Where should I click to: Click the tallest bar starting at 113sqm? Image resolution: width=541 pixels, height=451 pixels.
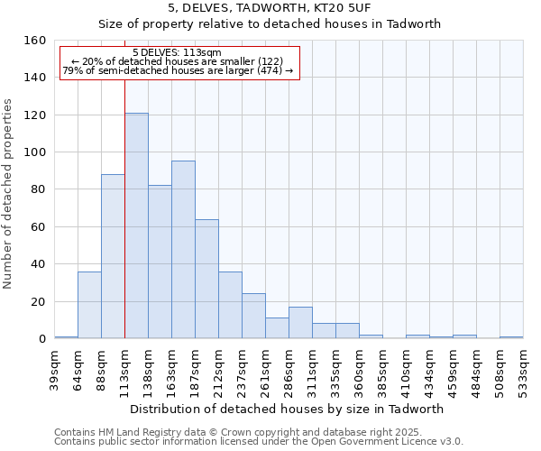tap(136, 225)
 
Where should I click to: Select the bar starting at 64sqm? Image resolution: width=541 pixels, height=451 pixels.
tap(89, 305)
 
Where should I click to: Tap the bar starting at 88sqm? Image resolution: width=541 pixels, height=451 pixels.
tap(113, 256)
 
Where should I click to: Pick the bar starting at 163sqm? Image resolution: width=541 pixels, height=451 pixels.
tap(183, 250)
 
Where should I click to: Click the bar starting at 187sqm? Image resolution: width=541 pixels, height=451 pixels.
tap(206, 279)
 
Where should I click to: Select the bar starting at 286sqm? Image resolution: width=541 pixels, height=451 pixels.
tap(300, 323)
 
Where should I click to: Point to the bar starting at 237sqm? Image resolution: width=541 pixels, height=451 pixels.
tap(253, 316)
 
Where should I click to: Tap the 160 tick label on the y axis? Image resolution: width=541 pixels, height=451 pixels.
tap(34, 41)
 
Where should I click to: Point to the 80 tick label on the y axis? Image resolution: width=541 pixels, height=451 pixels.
tap(38, 189)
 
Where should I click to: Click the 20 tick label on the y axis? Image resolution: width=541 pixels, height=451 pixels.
tap(38, 301)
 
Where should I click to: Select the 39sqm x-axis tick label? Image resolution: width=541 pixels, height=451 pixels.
tap(55, 368)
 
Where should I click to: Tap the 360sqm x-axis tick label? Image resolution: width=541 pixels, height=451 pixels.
tap(360, 368)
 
